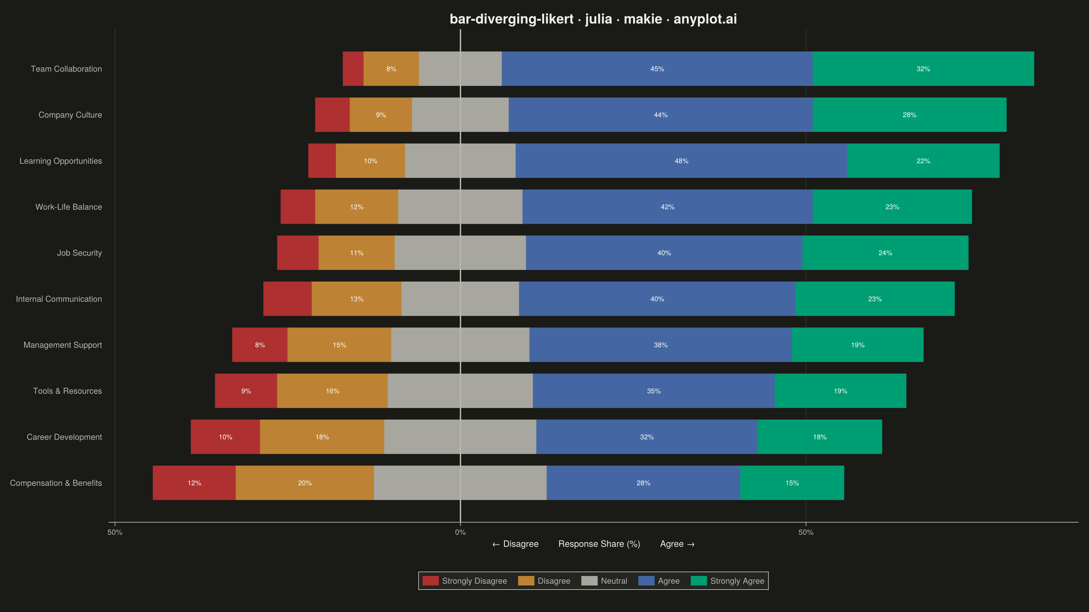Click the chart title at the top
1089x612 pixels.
pyautogui.click(x=593, y=19)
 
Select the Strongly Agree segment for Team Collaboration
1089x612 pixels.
pyautogui.click(x=923, y=69)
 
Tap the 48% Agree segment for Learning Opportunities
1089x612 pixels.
pyautogui.click(x=681, y=161)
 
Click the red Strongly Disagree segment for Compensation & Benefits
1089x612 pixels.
pyautogui.click(x=194, y=483)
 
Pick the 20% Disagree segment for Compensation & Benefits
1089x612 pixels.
pyautogui.click(x=305, y=483)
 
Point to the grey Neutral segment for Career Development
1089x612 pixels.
pyautogui.click(x=460, y=437)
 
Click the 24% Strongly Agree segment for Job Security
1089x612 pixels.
pyautogui.click(x=885, y=253)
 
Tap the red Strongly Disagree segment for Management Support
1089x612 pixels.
pyautogui.click(x=260, y=345)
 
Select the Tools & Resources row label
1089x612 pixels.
pyautogui.click(x=68, y=391)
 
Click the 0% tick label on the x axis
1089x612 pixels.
pyautogui.click(x=460, y=532)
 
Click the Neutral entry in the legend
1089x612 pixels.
pyautogui.click(x=604, y=581)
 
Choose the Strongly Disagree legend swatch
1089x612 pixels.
pyautogui.click(x=430, y=581)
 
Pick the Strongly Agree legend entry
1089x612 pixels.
pyautogui.click(x=728, y=581)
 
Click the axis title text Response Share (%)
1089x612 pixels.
pyautogui.click(x=599, y=544)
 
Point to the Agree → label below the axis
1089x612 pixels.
pyautogui.click(x=677, y=544)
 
